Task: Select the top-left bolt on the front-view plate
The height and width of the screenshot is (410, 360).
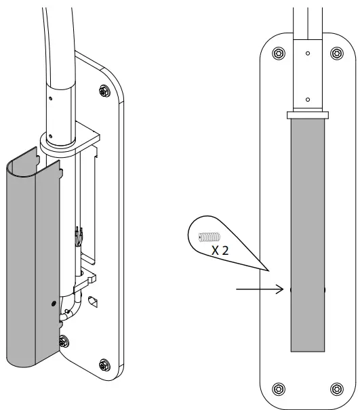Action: pyautogui.click(x=277, y=54)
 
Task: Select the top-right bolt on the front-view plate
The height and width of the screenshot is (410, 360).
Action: pyautogui.click(x=336, y=54)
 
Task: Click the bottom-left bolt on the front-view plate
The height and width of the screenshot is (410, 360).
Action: pyautogui.click(x=277, y=388)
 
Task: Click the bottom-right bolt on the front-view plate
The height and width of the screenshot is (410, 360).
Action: pyautogui.click(x=336, y=388)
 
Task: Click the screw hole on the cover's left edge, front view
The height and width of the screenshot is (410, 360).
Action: pyautogui.click(x=292, y=289)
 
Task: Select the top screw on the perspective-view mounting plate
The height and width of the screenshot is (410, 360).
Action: pyautogui.click(x=103, y=90)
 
